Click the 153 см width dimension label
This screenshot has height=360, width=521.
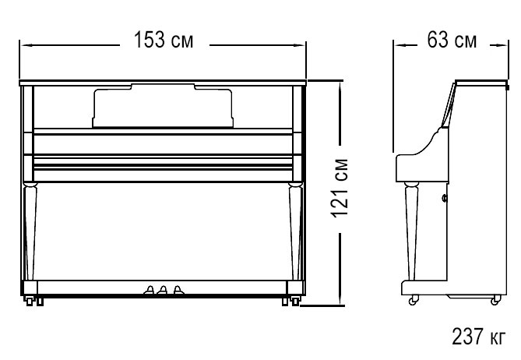(163, 40)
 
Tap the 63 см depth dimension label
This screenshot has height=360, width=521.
(452, 40)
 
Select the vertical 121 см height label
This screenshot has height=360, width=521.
(340, 189)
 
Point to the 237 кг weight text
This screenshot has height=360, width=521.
(478, 336)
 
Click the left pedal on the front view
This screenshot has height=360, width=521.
(150, 290)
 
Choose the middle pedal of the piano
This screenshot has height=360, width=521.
(163, 290)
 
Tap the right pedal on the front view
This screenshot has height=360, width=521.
(178, 290)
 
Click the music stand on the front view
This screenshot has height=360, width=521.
(163, 106)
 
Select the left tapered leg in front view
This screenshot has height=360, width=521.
(30, 231)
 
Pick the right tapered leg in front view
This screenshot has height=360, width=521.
(295, 231)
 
